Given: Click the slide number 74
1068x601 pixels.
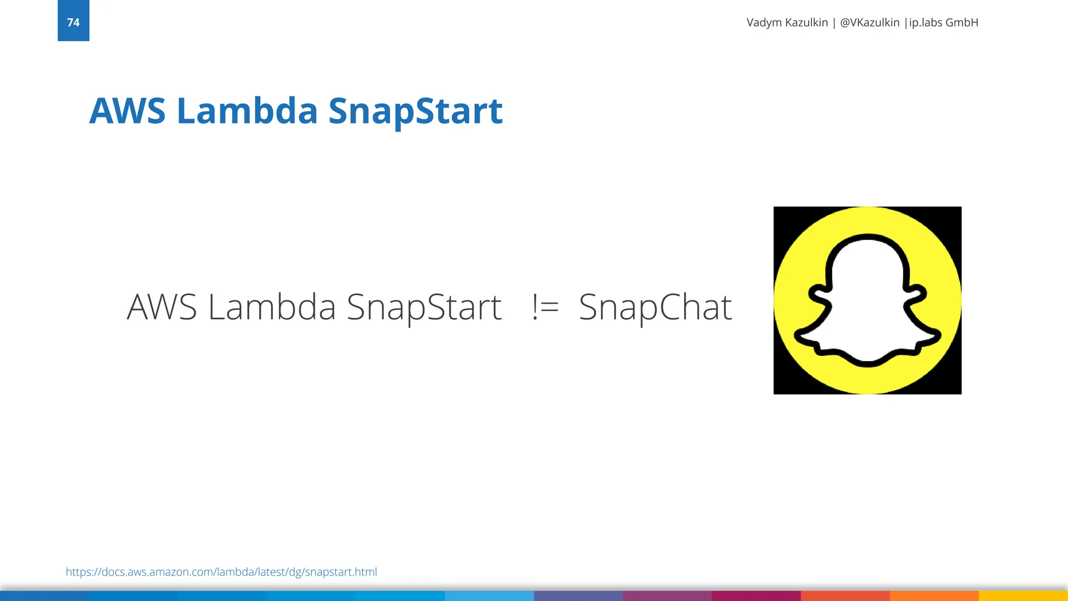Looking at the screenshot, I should (x=73, y=22).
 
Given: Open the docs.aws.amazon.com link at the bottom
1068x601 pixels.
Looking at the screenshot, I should (x=221, y=572).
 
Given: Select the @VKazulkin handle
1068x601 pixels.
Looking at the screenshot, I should (x=869, y=22).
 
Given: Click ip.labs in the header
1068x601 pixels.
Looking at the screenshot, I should (x=926, y=22).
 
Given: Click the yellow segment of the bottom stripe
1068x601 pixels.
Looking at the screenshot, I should (x=1023, y=596).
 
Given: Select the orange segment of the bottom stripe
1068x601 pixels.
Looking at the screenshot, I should (x=934, y=596).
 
